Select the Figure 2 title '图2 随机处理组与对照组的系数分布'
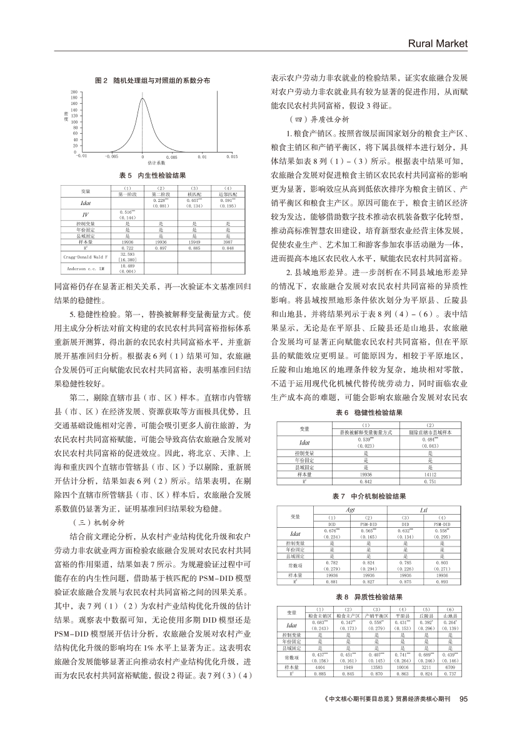[151, 81]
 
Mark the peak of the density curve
[143, 98]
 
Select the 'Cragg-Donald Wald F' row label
[85, 256]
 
